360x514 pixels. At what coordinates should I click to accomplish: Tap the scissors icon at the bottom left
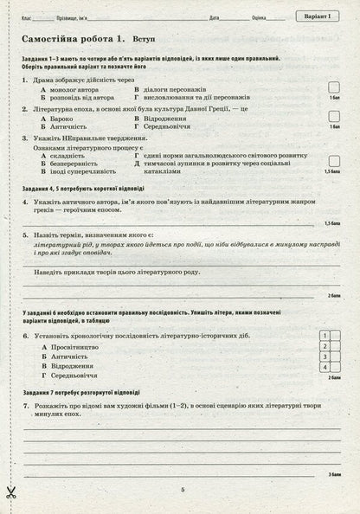(x=11, y=492)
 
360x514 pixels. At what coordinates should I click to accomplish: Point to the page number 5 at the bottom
(x=183, y=490)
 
